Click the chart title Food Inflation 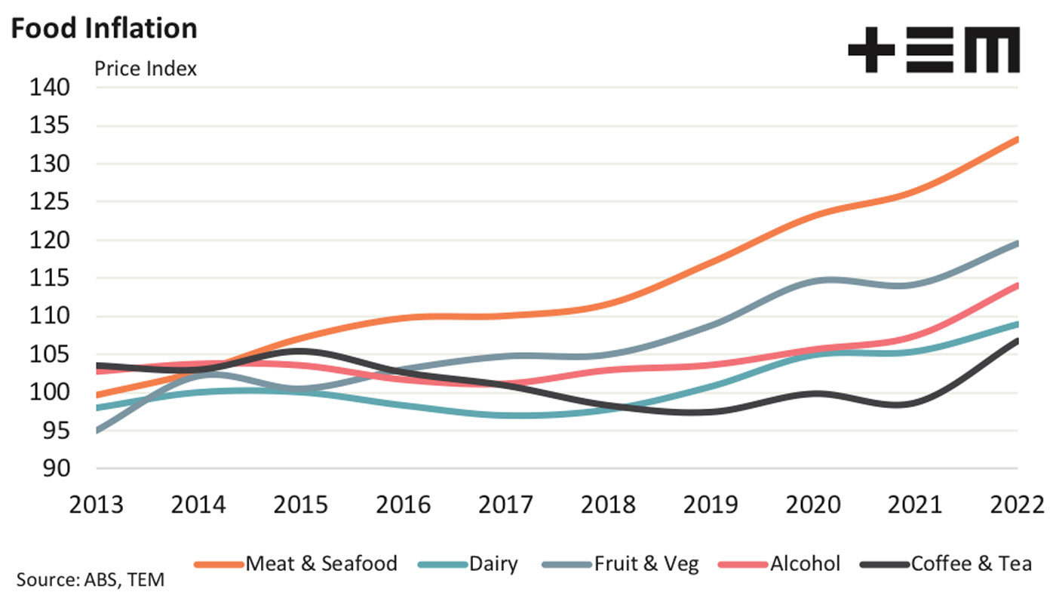[104, 28]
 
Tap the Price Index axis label [146, 69]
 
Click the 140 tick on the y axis [49, 87]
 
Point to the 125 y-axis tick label [49, 202]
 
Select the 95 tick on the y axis [56, 431]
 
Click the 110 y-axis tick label [49, 316]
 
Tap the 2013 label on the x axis [97, 505]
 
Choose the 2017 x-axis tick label [506, 505]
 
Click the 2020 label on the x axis [813, 505]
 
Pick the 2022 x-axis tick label [1018, 505]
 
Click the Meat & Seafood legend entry [296, 564]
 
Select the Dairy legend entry [468, 564]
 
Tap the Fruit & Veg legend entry [621, 564]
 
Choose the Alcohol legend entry [779, 564]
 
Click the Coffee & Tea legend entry [946, 564]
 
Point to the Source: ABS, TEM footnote [91, 580]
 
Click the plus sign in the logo [871, 50]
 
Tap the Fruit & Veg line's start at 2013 [97, 431]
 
